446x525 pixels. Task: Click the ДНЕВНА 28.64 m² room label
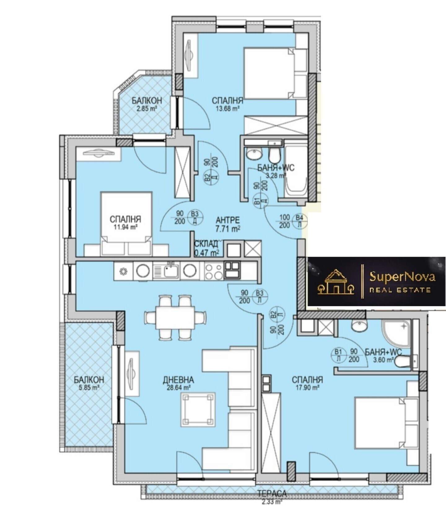178,383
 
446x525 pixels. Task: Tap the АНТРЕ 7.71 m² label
228,224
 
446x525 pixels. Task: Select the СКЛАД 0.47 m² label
207,248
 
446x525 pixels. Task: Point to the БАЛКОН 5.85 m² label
89,383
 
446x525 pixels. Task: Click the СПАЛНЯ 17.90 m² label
307,383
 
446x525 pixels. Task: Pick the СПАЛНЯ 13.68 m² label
227,104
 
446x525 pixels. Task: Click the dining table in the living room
175,318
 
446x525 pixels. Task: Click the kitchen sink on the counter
166,271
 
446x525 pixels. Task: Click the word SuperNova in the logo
402,277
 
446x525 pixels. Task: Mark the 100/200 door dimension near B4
284,221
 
